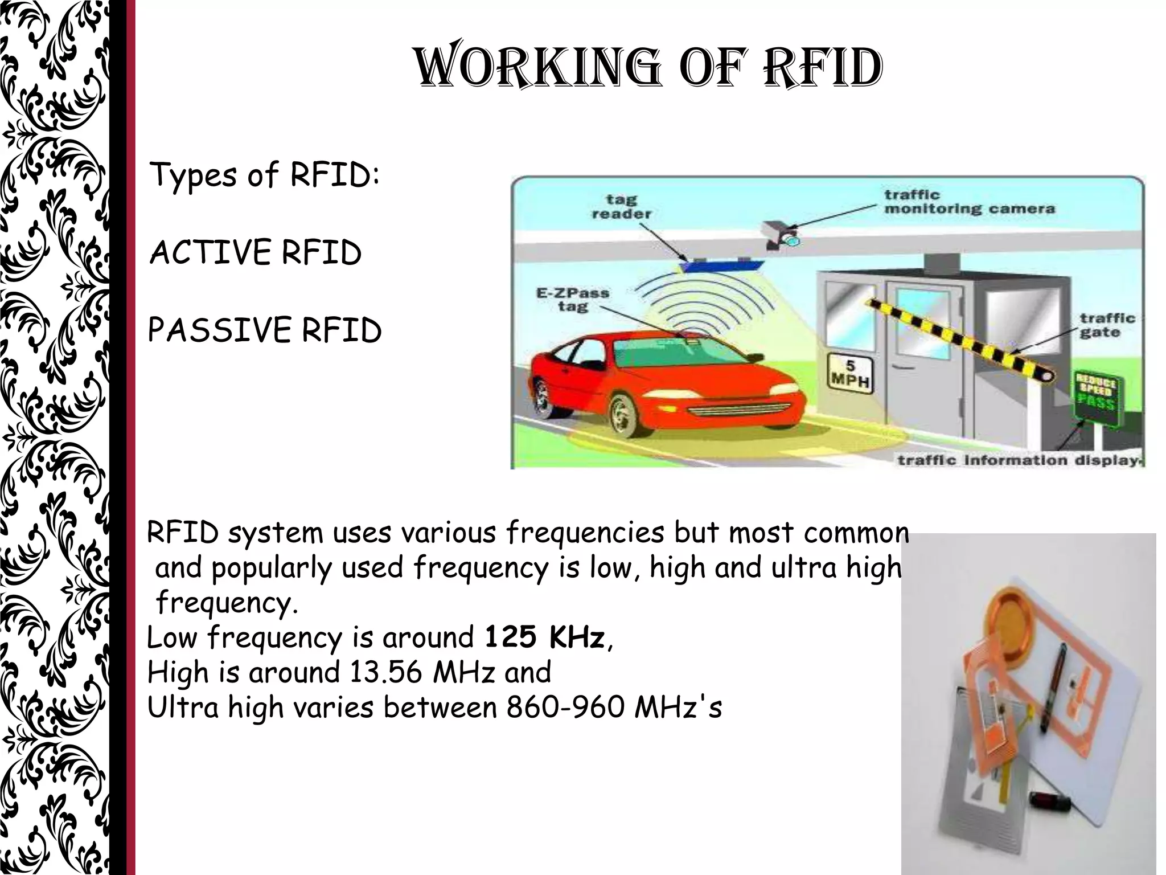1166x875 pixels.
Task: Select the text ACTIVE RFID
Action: point(255,252)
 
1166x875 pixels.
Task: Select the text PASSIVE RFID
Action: point(264,330)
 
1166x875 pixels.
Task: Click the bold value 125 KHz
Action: point(544,637)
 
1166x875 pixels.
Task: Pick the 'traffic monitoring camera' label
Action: point(969,202)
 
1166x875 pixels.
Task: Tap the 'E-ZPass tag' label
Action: point(572,300)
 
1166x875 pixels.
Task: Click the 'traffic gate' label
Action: point(1107,325)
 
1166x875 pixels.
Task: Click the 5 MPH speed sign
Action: point(849,373)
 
